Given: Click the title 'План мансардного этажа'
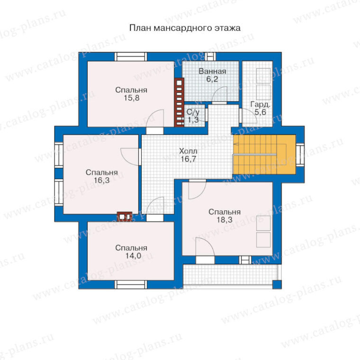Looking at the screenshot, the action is pyautogui.click(x=185, y=28).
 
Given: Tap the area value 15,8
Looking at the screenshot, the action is pyautogui.click(x=132, y=98).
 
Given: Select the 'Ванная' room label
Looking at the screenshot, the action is pyautogui.click(x=212, y=72).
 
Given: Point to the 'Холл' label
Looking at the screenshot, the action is pyautogui.click(x=188, y=151).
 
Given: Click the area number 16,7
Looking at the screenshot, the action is pyautogui.click(x=188, y=159).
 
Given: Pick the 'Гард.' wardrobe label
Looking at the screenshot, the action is pyautogui.click(x=260, y=105).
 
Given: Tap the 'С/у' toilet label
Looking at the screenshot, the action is pyautogui.click(x=193, y=112).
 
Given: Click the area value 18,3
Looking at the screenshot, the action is pyautogui.click(x=225, y=220).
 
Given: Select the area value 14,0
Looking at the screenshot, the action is pyautogui.click(x=133, y=255).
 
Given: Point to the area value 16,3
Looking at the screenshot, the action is pyautogui.click(x=101, y=180).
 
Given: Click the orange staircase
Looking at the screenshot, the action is pyautogui.click(x=264, y=154).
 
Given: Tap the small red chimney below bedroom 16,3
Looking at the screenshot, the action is pyautogui.click(x=125, y=216).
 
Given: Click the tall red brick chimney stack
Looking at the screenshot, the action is pyautogui.click(x=179, y=102).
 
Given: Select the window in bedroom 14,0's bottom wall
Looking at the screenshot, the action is pyautogui.click(x=131, y=285).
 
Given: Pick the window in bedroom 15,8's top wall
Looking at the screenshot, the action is pyautogui.click(x=131, y=57).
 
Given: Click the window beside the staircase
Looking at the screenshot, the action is pyautogui.click(x=300, y=154).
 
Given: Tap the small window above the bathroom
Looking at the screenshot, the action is pyautogui.click(x=210, y=57).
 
